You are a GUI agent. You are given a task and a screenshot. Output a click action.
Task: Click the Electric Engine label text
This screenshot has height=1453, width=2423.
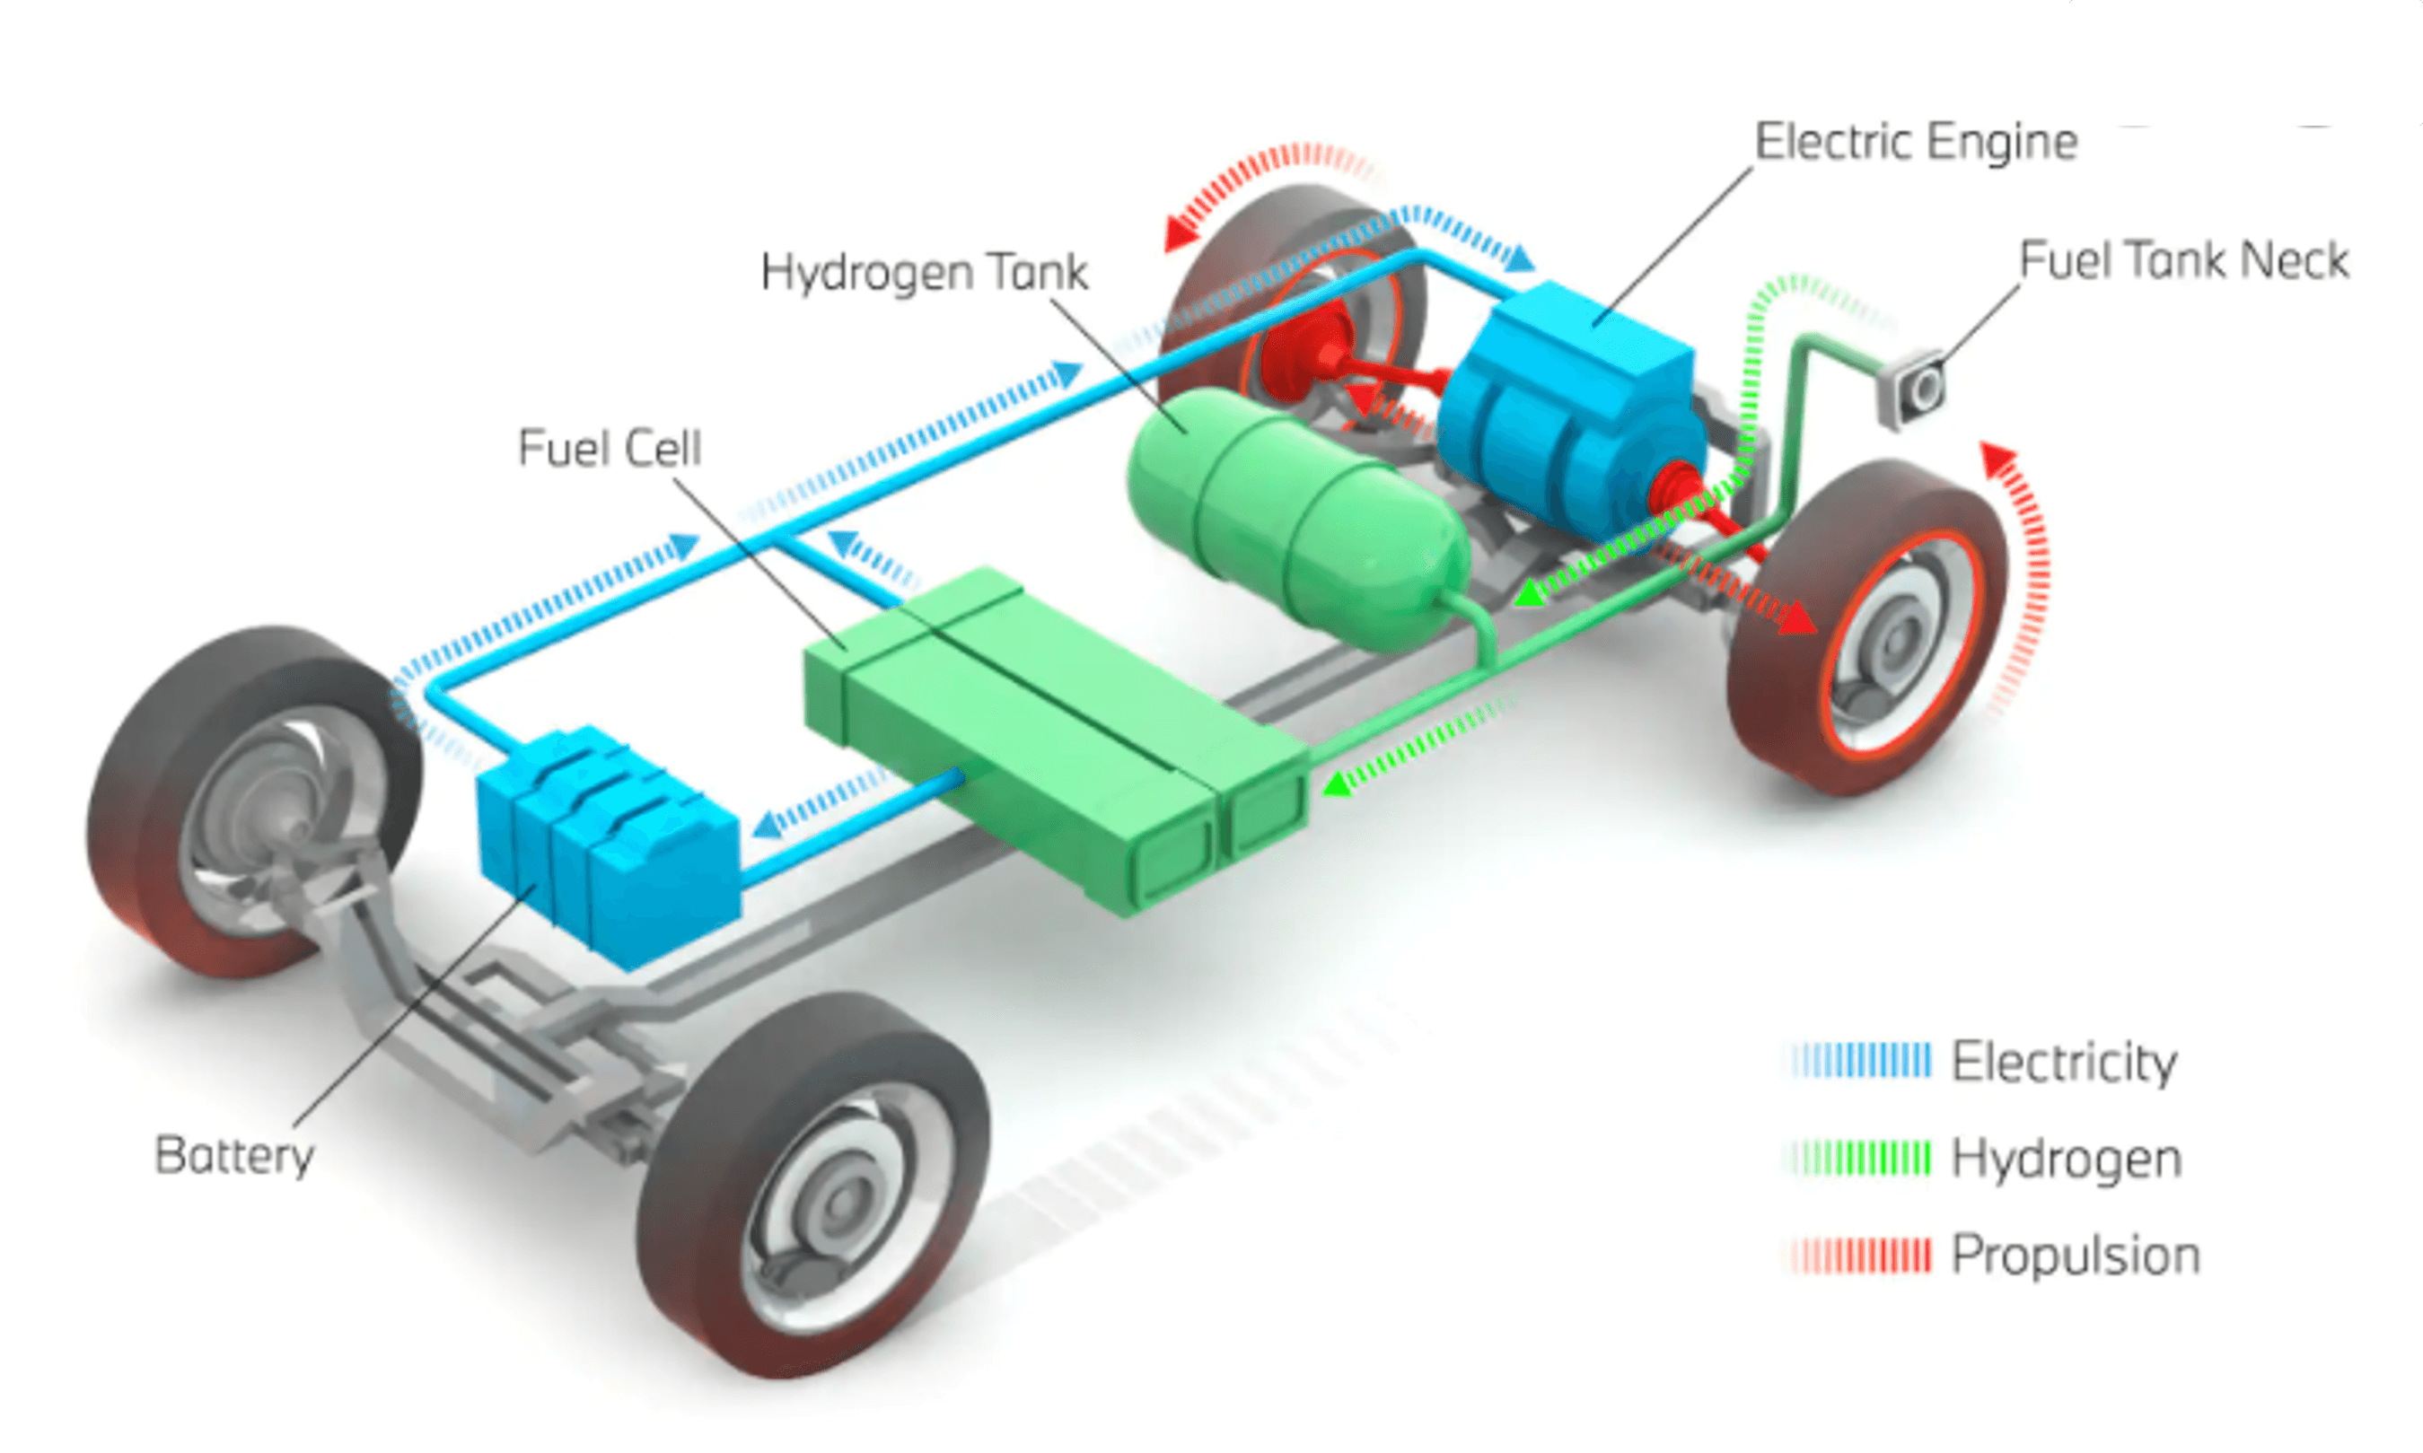coord(1916,142)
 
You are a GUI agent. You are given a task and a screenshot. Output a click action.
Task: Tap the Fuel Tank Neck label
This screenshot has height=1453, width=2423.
coord(2184,260)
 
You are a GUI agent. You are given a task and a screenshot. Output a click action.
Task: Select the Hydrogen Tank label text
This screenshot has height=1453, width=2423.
coord(924,272)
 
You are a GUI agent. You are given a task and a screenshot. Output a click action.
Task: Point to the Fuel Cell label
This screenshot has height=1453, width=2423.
coord(610,449)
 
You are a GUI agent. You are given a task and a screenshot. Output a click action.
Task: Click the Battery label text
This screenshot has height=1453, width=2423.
coord(234,1155)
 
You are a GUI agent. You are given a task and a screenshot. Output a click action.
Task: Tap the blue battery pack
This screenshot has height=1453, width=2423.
coord(607,842)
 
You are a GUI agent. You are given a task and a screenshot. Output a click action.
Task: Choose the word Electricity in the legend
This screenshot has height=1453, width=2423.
coord(2065,1063)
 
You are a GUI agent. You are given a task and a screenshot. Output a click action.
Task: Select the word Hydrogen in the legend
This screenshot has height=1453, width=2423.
coord(2067,1160)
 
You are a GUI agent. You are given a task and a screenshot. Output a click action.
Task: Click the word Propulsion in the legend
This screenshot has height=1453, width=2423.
coord(2076,1256)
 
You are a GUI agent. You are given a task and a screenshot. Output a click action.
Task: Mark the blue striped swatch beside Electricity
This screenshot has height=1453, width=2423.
coord(1861,1062)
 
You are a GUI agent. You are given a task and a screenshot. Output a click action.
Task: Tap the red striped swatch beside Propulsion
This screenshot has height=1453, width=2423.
coord(1861,1256)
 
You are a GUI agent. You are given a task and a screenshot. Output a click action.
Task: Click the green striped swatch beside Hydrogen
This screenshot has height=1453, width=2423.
coord(1861,1159)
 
